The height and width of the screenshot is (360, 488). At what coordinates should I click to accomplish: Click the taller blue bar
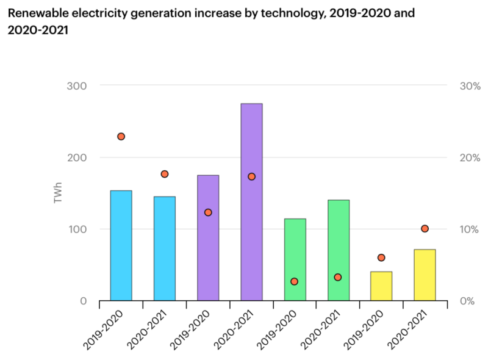(121, 245)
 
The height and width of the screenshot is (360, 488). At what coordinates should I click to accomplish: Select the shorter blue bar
(164, 248)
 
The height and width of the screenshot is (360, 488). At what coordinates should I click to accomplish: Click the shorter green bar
(295, 259)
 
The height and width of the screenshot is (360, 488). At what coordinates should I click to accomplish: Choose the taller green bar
(339, 250)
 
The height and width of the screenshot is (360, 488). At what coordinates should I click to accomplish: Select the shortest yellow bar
(381, 286)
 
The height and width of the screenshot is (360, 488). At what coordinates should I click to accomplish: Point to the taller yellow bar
(425, 275)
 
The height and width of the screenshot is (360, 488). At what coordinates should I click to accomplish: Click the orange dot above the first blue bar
(121, 137)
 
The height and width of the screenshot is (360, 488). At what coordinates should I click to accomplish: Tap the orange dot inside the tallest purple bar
(251, 176)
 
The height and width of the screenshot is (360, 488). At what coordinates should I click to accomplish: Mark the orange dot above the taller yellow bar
(425, 229)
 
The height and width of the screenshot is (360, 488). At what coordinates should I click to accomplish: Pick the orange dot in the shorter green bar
(295, 281)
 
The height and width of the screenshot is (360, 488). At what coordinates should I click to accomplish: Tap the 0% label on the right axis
(468, 301)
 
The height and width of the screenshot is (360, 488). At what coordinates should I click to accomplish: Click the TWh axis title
(59, 193)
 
